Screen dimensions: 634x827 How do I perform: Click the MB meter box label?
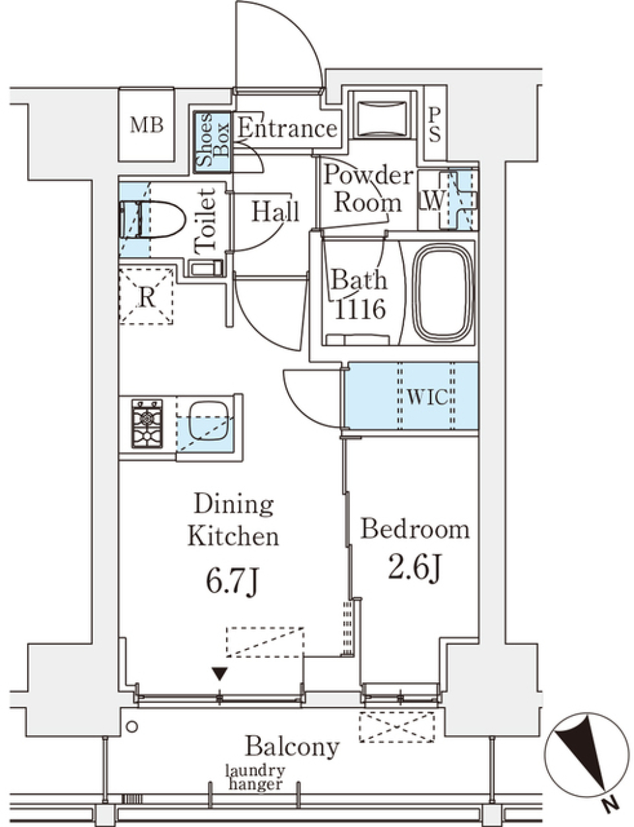point(147,125)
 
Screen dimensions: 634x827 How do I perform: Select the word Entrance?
point(287,129)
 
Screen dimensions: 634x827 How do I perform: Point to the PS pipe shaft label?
point(435,124)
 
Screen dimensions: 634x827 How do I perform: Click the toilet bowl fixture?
point(153,220)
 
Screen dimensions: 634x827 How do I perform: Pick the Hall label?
point(276,211)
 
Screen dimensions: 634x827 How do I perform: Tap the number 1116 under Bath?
point(360,310)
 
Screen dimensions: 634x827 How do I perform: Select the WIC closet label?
point(426,398)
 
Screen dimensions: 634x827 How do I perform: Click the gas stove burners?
point(147,423)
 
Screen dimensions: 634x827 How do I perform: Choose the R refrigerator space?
point(147,297)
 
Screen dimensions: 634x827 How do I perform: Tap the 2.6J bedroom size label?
point(414,568)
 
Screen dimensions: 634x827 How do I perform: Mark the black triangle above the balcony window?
point(219,674)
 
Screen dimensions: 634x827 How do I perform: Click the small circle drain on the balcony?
point(132,727)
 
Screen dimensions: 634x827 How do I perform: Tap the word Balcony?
point(292,747)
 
